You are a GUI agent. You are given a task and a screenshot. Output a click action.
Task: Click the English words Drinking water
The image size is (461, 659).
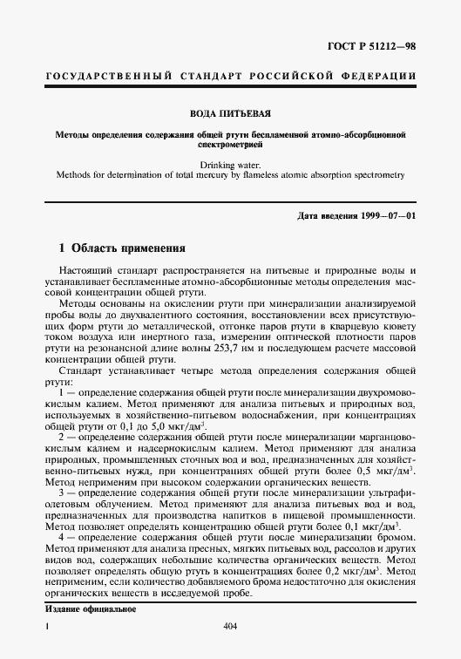pyautogui.click(x=230, y=163)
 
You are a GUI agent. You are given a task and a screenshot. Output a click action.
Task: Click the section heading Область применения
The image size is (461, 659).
pyautogui.click(x=123, y=247)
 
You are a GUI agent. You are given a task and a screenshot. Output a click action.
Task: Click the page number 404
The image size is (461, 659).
pyautogui.click(x=231, y=626)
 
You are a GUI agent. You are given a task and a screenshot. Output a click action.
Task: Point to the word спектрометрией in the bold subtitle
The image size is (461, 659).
pyautogui.click(x=230, y=145)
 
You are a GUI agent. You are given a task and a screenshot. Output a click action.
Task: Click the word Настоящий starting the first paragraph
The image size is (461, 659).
pyautogui.click(x=87, y=273)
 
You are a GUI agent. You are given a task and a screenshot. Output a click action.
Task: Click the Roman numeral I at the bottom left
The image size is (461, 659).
pyautogui.click(x=47, y=626)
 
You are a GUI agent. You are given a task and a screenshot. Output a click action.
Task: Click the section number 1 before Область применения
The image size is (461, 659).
pyautogui.click(x=50, y=247)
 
